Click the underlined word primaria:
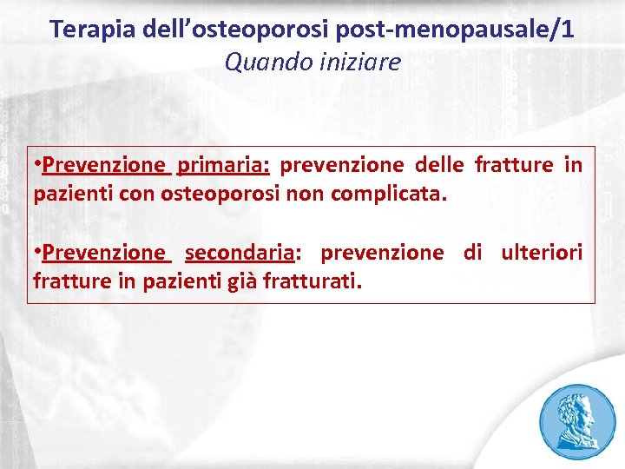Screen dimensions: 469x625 [x=224, y=165]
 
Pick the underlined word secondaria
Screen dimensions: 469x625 [x=240, y=253]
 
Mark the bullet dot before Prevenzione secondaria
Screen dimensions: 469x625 [x=37, y=252]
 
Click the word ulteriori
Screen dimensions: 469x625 [x=542, y=253]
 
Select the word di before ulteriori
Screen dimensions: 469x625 [x=472, y=253]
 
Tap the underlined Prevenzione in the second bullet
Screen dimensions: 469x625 [x=104, y=253]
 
